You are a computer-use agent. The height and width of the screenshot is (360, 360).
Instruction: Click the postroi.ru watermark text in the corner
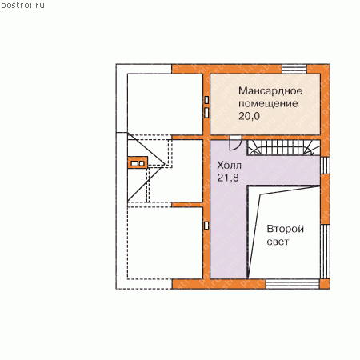(x=22, y=6)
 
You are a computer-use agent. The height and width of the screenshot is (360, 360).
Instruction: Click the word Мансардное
(x=270, y=91)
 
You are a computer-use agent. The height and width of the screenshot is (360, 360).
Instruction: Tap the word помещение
(x=268, y=103)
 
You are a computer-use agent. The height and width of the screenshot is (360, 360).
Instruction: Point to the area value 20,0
(x=249, y=116)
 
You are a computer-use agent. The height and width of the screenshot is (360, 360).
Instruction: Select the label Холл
(x=230, y=166)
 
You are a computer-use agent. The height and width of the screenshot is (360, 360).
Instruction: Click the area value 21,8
(x=228, y=178)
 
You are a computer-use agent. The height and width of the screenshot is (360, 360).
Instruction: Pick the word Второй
(x=286, y=229)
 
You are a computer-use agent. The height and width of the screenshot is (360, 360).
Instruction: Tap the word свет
(x=278, y=242)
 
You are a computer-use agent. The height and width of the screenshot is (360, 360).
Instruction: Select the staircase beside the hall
(x=284, y=147)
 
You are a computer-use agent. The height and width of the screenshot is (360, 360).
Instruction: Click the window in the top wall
(x=294, y=69)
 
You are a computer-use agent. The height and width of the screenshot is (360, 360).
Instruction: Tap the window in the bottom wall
(x=293, y=284)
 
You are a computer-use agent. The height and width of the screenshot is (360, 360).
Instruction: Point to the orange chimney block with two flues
(x=138, y=163)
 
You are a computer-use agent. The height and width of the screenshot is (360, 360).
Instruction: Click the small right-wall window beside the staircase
(x=325, y=166)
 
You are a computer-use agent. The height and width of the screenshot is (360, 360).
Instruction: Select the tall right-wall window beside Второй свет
(x=325, y=252)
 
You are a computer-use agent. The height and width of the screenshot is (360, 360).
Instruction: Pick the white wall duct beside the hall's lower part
(x=206, y=226)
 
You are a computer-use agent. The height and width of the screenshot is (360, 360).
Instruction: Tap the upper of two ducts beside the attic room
(x=206, y=100)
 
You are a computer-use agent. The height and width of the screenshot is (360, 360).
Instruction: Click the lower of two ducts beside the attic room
(x=206, y=112)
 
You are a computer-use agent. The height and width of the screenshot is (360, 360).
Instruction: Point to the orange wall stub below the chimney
(x=188, y=205)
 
